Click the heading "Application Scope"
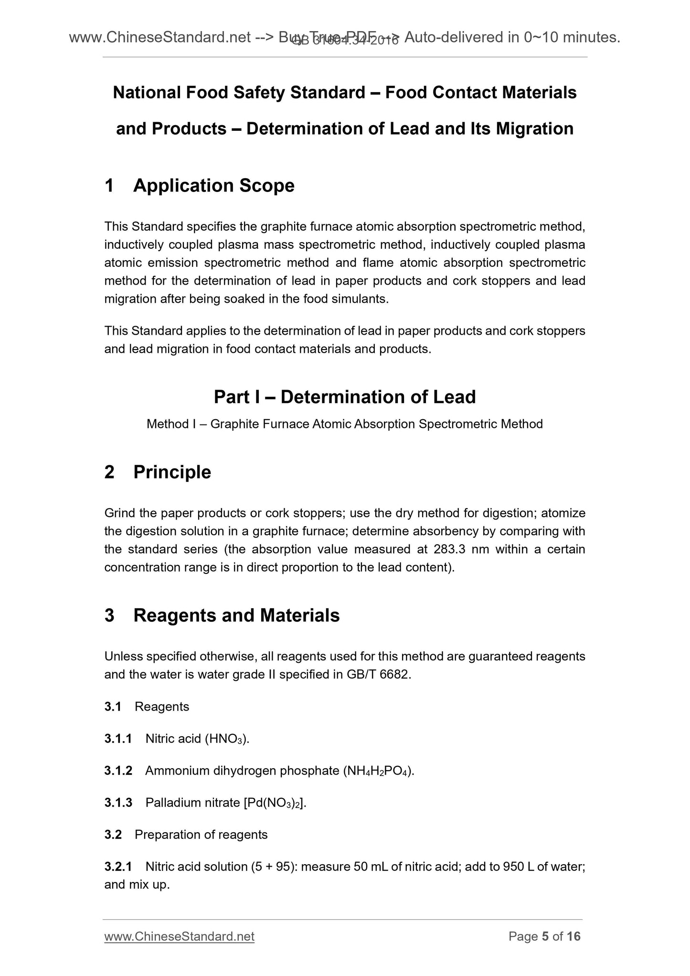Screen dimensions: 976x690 pyautogui.click(x=213, y=186)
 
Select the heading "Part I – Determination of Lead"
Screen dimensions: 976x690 pyautogui.click(x=345, y=397)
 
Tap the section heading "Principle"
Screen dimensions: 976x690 pyautogui.click(x=172, y=472)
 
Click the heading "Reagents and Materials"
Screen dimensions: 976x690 pyautogui.click(x=236, y=615)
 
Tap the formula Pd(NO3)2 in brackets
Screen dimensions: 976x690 pyautogui.click(x=273, y=803)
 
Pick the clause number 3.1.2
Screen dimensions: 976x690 pyautogui.click(x=118, y=771)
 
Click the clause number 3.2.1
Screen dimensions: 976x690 pyautogui.click(x=118, y=867)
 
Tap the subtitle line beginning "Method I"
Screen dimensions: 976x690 pyautogui.click(x=344, y=424)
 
